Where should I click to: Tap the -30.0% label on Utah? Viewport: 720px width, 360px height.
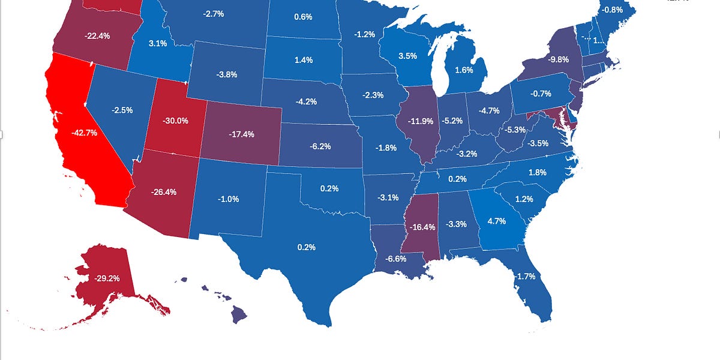175,121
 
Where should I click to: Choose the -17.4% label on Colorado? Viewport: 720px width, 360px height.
241,134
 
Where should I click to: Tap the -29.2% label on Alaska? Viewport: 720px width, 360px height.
106,278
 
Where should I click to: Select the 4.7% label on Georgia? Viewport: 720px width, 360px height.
497,221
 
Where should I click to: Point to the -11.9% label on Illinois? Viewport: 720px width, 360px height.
421,121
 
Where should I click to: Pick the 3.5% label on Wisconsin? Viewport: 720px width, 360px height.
407,56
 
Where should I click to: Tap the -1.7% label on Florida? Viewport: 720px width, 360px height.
525,276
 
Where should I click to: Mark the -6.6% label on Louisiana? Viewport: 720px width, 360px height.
395,259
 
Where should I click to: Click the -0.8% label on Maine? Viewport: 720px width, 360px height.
613,10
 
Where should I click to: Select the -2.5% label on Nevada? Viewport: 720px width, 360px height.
122,110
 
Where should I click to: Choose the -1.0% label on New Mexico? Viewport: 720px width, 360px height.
228,199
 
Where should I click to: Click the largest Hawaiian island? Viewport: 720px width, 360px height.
239,313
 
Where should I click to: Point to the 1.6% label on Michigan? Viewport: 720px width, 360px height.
464,70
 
